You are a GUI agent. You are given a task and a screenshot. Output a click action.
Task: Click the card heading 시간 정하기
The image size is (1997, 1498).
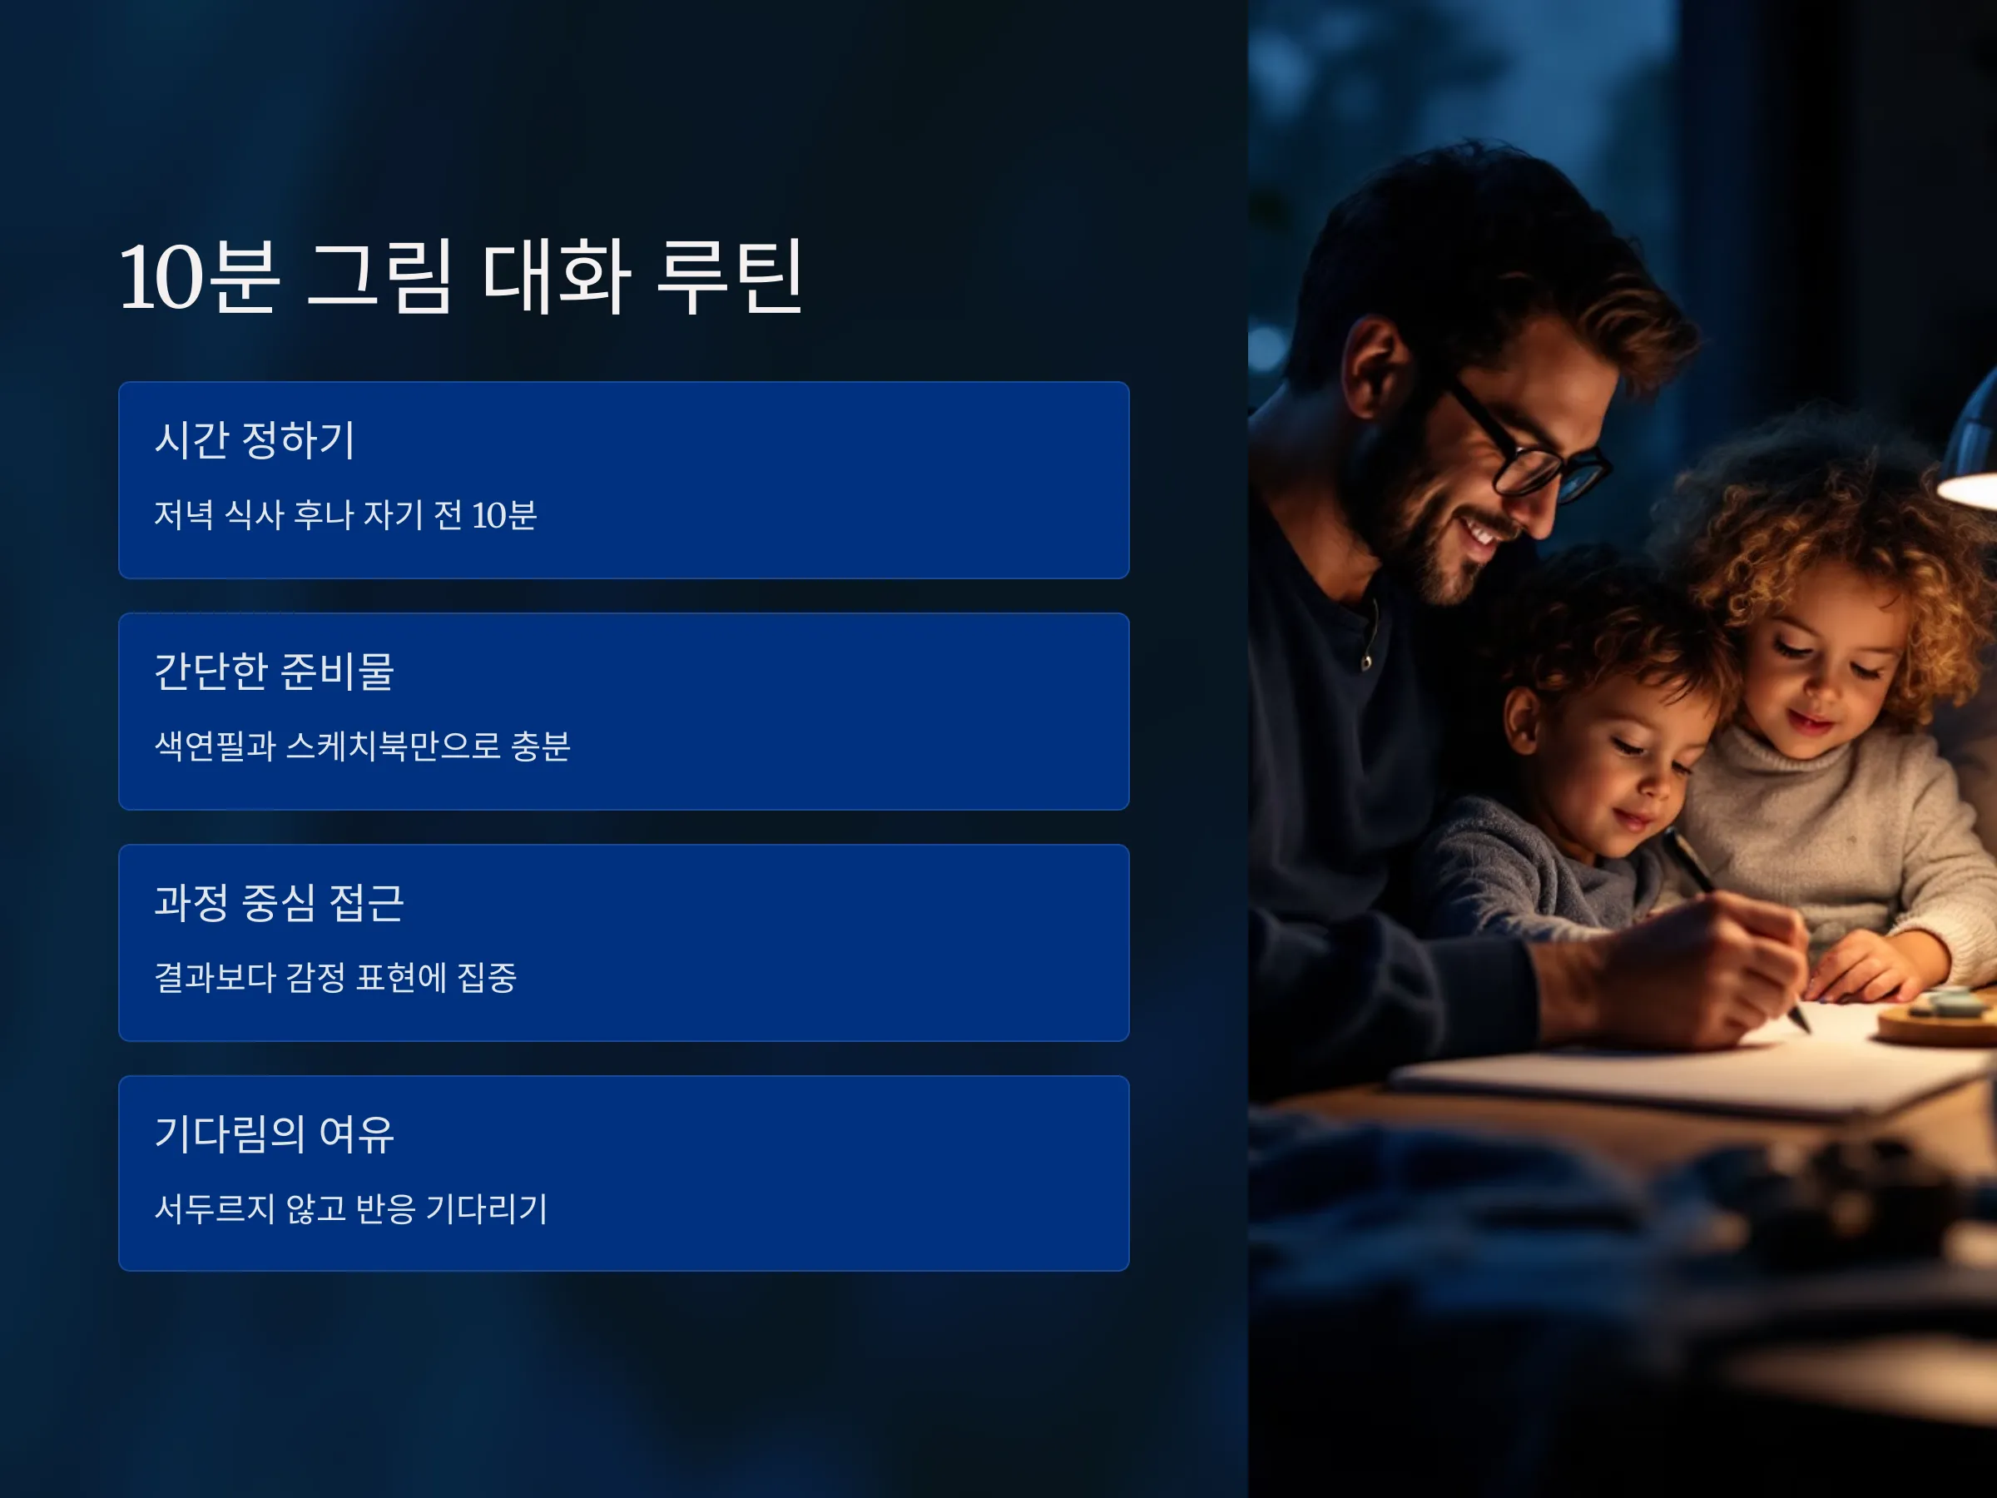click(x=255, y=439)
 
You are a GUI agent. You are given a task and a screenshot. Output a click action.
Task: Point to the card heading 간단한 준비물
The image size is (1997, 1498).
click(x=275, y=671)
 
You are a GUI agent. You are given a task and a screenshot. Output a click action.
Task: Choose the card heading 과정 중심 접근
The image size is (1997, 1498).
click(x=279, y=902)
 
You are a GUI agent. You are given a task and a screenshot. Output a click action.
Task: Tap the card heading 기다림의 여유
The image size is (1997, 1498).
click(x=275, y=1133)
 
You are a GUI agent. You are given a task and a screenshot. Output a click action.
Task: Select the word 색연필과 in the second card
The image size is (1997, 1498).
click(x=215, y=746)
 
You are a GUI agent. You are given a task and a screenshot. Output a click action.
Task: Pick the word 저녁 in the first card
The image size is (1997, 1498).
click(x=184, y=514)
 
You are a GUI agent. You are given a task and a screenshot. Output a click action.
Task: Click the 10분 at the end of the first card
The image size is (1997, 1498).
click(x=503, y=514)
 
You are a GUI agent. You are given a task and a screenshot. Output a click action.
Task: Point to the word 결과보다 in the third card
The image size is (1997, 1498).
click(x=215, y=977)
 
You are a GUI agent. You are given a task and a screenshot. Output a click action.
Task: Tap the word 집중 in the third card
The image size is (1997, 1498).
click(x=487, y=977)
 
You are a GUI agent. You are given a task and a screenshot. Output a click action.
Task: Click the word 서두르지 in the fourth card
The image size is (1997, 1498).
click(x=215, y=1208)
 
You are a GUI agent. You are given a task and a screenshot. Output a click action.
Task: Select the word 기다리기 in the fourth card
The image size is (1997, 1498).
click(x=487, y=1208)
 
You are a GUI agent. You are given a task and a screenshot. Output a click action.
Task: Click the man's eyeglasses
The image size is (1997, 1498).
click(x=1526, y=443)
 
